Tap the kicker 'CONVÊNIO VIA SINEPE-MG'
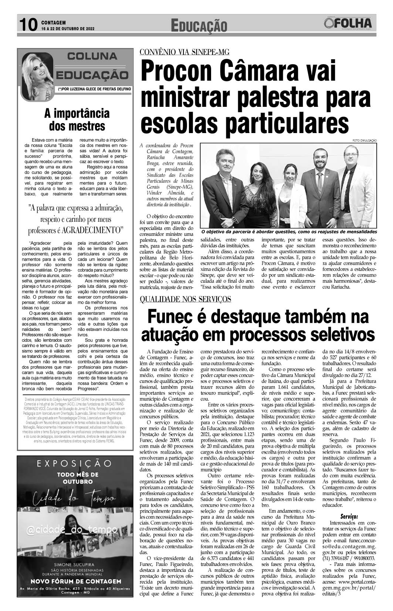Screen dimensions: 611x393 coord(184,52)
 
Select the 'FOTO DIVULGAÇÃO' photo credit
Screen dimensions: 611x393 coord(365,140)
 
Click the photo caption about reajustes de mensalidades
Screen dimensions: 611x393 coord(289,232)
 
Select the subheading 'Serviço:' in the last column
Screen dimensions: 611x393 coord(349,516)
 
